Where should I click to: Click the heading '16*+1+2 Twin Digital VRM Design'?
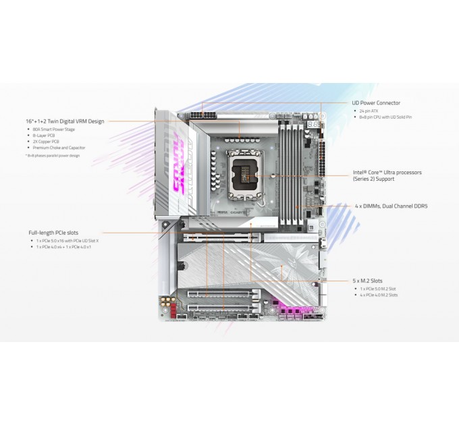[65, 121]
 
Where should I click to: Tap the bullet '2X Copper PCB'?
[45, 141]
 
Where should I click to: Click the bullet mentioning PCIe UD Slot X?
[68, 241]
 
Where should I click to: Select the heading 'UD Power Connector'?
[375, 103]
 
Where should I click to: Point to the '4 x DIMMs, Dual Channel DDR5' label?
[391, 205]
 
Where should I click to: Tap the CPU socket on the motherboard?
[245, 175]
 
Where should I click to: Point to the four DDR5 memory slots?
[292, 169]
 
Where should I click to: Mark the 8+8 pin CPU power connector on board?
[204, 115]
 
